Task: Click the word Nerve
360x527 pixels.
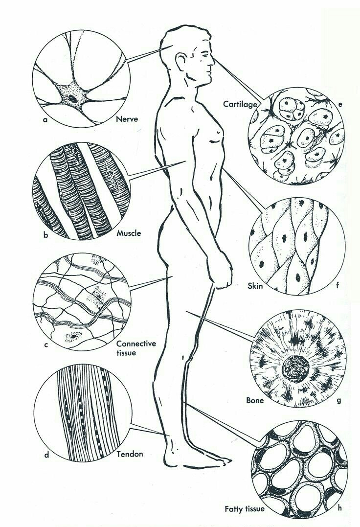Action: (127, 119)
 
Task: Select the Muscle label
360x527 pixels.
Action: (129, 233)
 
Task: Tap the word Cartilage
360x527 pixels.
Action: (240, 105)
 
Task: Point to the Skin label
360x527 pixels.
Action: (255, 286)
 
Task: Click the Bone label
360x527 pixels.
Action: (255, 400)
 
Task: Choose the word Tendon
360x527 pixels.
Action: (130, 454)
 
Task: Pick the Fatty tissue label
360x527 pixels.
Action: (245, 509)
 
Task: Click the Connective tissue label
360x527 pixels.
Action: (136, 348)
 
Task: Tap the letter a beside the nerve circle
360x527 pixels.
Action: (45, 119)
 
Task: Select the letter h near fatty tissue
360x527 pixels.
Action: (340, 507)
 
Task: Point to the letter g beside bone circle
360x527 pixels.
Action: (339, 400)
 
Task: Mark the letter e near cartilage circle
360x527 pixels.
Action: (340, 105)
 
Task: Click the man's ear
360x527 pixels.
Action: (181, 62)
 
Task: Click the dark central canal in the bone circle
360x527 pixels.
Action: (295, 369)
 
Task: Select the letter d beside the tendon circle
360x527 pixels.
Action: (46, 455)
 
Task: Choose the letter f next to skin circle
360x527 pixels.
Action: (337, 286)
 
